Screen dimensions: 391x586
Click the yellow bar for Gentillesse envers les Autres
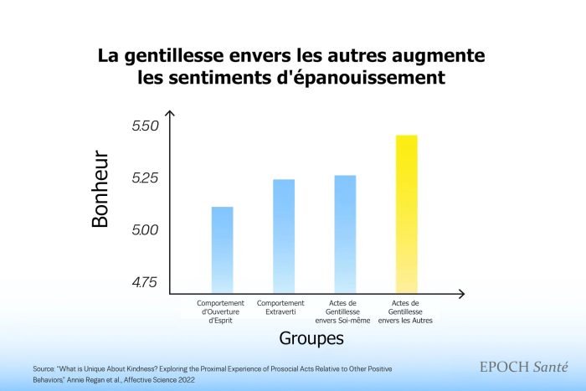406,214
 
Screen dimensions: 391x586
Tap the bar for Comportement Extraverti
284,236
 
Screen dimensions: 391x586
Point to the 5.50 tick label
146,126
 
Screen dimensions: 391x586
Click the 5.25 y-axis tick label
146,178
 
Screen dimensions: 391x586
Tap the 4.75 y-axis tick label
145,282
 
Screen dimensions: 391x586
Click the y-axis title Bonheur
100,189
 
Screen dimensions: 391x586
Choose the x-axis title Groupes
311,341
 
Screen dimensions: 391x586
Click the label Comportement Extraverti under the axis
280,306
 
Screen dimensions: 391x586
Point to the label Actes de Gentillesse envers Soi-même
342,311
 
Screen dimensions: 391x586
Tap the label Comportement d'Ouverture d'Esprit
220,311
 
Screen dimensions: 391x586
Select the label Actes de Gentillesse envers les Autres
406,311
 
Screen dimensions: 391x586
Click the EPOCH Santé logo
522,367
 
